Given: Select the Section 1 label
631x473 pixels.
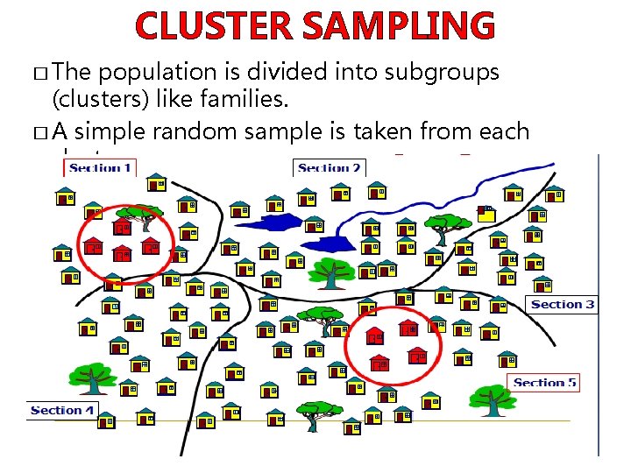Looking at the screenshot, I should pyautogui.click(x=100, y=167).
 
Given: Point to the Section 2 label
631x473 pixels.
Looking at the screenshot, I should pyautogui.click(x=330, y=168).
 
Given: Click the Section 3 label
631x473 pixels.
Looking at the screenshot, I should pyautogui.click(x=563, y=304).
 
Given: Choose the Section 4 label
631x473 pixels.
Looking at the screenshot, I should pyautogui.click(x=61, y=410).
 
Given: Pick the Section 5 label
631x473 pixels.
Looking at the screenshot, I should pyautogui.click(x=545, y=382).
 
